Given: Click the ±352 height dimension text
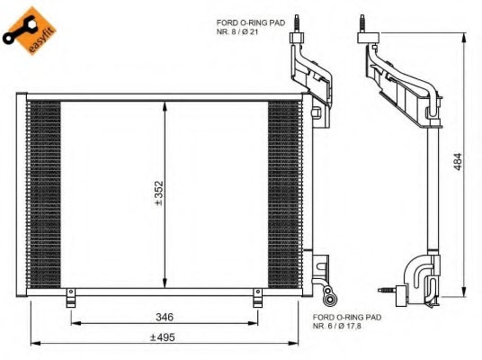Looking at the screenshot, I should tap(158, 193).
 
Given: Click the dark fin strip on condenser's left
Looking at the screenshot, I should tap(44, 193).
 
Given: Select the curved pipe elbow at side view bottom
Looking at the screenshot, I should tap(417, 274).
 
